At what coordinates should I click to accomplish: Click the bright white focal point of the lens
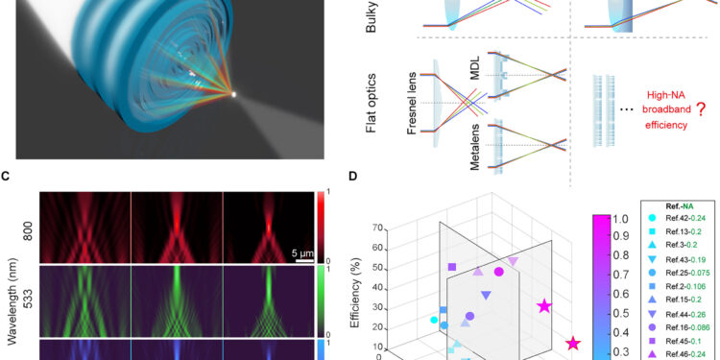pos(233,93)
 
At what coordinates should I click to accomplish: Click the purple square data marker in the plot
pos(452,267)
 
